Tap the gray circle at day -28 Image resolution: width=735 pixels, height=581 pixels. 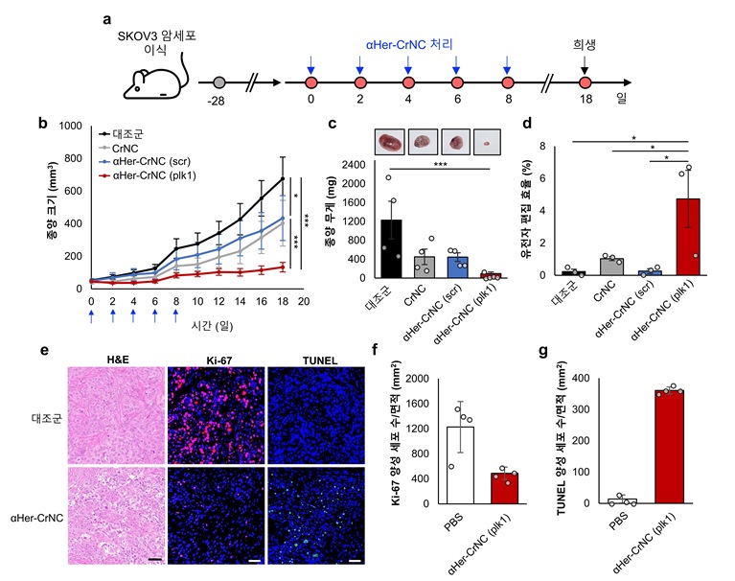coord(219,83)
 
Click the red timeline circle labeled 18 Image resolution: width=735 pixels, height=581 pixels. coord(585,83)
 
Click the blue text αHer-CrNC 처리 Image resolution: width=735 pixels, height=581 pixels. coord(410,45)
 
